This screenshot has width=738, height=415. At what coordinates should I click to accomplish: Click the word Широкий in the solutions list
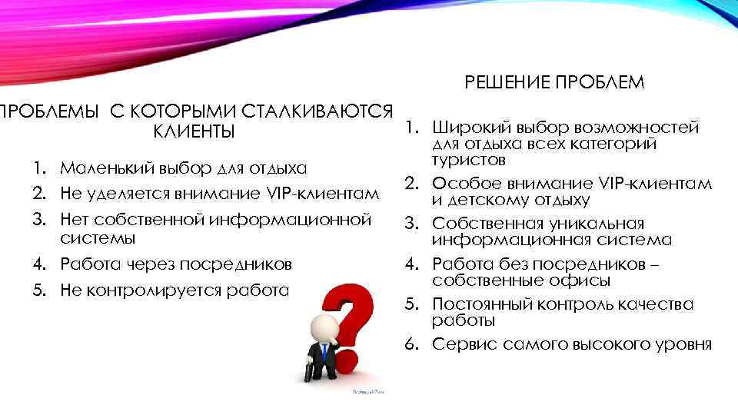pyautogui.click(x=464, y=127)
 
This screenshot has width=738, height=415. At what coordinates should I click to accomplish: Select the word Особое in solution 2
pyautogui.click(x=460, y=184)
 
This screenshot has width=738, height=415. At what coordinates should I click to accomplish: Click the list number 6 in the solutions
pyautogui.click(x=411, y=344)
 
